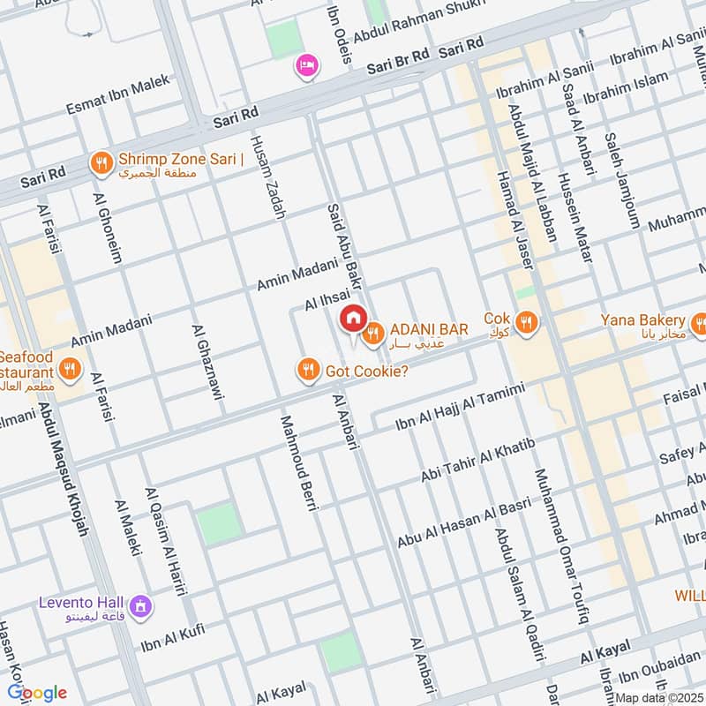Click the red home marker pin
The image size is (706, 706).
[x=353, y=318]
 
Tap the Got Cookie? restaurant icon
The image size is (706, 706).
[x=308, y=370]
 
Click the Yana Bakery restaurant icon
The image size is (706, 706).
[x=699, y=323]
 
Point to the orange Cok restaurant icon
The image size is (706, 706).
[x=527, y=323]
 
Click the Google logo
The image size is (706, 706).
[x=36, y=692]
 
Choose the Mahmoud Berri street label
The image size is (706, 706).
[x=297, y=462]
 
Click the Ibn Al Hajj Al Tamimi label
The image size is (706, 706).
[x=459, y=408]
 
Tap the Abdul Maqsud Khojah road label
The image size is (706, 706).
[x=65, y=468]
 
